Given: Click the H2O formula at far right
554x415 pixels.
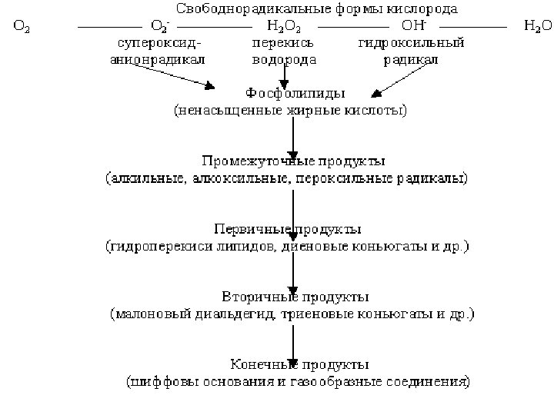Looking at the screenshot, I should [537, 27].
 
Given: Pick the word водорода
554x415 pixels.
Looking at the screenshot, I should [283, 59].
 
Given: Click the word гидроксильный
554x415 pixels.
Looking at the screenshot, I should [411, 43].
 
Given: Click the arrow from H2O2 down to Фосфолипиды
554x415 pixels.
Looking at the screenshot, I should [285, 74].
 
